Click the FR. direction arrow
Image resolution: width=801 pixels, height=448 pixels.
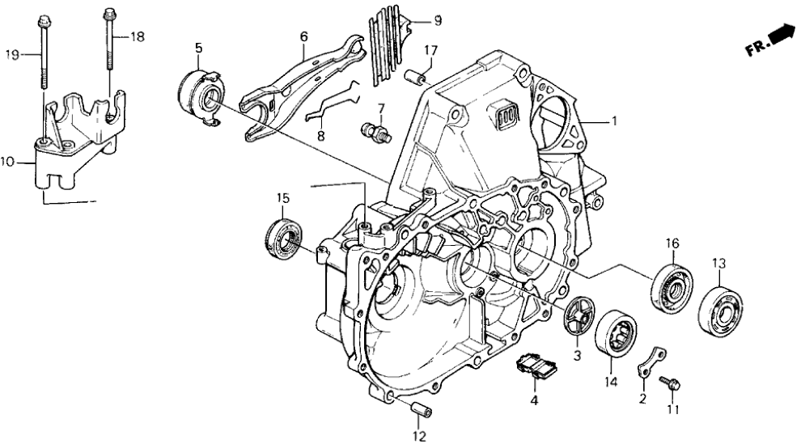tap(778, 36)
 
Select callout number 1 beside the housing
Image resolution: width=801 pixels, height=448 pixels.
tap(614, 122)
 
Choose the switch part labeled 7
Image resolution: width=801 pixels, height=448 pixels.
tap(377, 131)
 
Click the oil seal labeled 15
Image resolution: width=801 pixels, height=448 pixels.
tap(285, 239)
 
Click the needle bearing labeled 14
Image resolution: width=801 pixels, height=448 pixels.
tap(617, 335)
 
